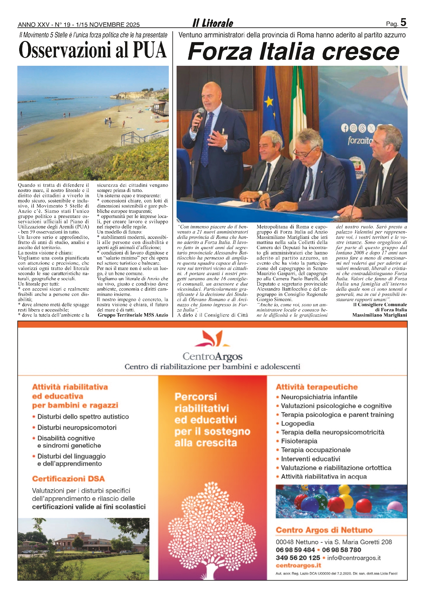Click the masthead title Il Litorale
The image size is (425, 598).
[212, 23]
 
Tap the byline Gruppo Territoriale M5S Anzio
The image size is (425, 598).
[133, 315]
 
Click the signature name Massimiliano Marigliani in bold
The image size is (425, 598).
[380, 315]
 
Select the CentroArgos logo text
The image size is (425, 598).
[212, 356]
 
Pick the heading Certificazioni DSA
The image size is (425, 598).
[69, 479]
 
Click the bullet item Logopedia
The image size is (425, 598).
[297, 423]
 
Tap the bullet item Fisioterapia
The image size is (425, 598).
[299, 441]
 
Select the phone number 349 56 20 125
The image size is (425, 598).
[298, 558]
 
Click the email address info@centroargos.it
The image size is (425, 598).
[354, 558]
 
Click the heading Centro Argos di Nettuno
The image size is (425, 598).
[324, 530]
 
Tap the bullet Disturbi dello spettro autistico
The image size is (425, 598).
[83, 417]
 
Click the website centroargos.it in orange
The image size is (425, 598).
[298, 565]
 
